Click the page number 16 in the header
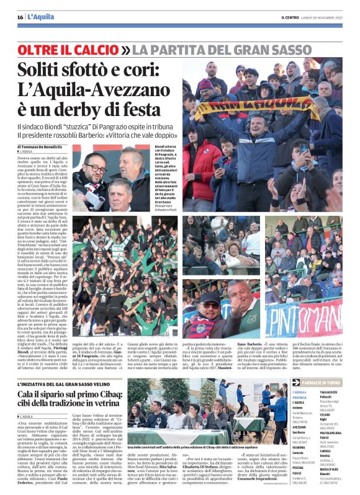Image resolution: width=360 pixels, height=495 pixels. [x=20, y=17]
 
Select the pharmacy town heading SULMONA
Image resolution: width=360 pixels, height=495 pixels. [x=301, y=446]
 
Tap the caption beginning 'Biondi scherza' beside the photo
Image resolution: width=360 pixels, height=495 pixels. [x=163, y=148]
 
